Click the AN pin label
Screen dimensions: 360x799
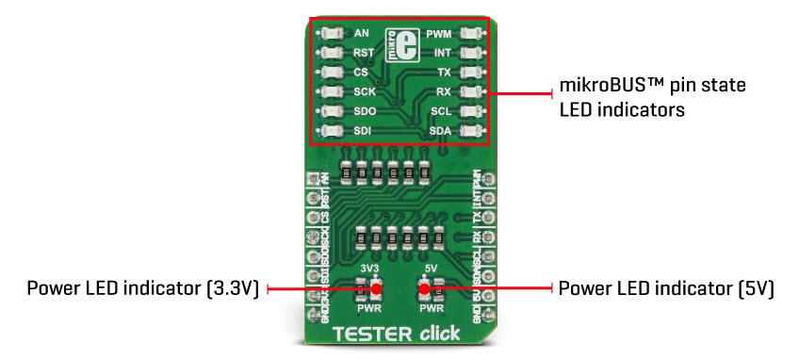(361, 34)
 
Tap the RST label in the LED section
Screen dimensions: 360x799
(364, 54)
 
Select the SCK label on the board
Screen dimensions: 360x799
(365, 92)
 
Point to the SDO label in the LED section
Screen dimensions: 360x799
(365, 111)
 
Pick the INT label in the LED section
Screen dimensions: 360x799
(442, 53)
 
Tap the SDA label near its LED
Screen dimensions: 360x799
(440, 130)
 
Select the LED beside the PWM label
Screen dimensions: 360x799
(472, 34)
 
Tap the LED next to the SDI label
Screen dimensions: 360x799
(330, 131)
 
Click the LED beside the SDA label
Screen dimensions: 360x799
(472, 130)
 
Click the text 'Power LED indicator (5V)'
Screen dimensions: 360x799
(666, 288)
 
